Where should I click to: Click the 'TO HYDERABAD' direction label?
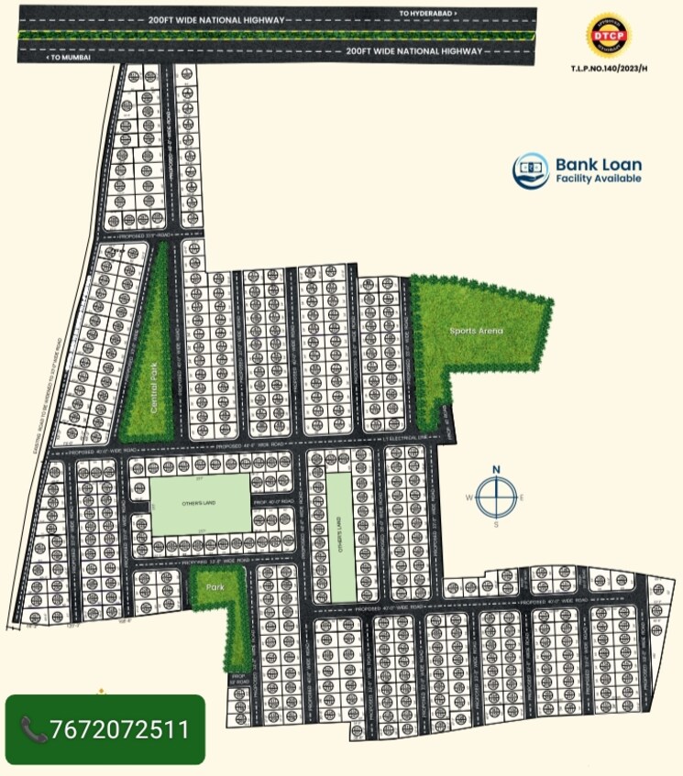coord(427,14)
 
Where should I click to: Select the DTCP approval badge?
coord(608,37)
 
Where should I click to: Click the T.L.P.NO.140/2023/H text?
coord(609,68)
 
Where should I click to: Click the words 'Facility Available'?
coord(599,179)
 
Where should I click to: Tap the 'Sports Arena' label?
coord(477,331)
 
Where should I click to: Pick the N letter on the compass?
coord(496,470)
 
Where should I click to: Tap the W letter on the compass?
coord(468,497)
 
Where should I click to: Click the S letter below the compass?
coord(496,526)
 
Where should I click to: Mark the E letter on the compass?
coord(523,497)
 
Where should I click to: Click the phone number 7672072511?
coord(120,729)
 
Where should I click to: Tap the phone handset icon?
coord(34,729)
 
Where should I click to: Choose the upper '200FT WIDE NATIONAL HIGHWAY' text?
coord(217,19)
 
